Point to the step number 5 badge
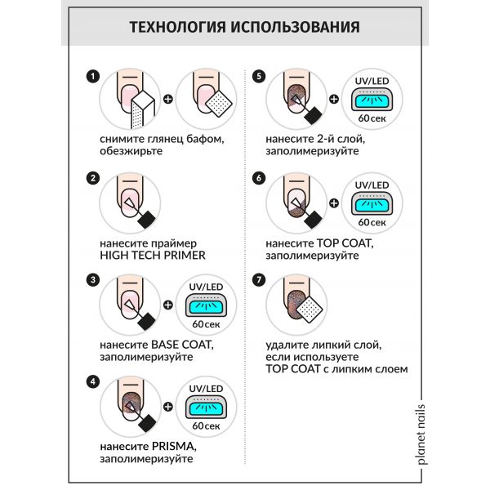(259, 77)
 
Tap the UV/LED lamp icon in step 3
(206, 307)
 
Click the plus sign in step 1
(168, 100)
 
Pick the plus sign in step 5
(334, 100)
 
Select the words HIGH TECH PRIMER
(151, 254)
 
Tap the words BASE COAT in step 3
(171, 344)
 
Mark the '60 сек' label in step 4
(206, 425)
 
